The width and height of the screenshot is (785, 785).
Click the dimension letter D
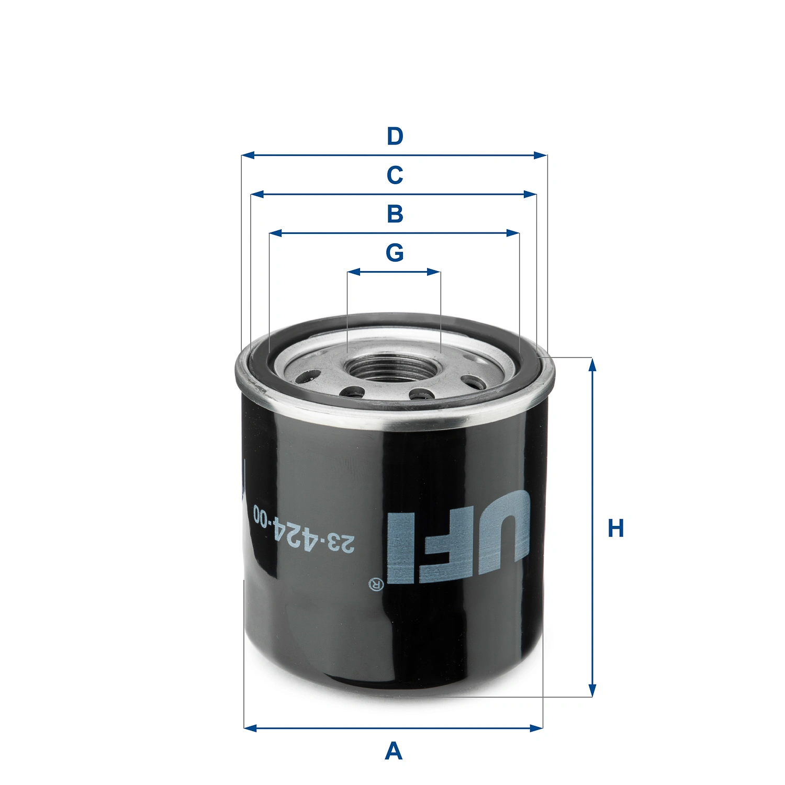pyautogui.click(x=395, y=137)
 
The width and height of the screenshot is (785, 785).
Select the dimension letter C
pyautogui.click(x=395, y=175)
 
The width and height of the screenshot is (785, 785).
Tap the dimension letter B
pyautogui.click(x=395, y=214)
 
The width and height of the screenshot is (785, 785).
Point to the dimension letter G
pyautogui.click(x=395, y=253)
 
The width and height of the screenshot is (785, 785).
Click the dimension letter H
pyautogui.click(x=615, y=529)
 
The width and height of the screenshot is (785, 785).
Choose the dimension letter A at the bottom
pyautogui.click(x=394, y=752)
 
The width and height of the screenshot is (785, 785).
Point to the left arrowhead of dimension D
pyautogui.click(x=248, y=155)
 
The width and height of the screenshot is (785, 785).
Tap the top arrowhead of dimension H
pyautogui.click(x=592, y=364)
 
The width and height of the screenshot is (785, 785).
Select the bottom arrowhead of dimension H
pyautogui.click(x=592, y=691)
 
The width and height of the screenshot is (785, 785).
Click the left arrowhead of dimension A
pyautogui.click(x=250, y=728)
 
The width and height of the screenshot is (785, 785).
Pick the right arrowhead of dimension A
pyautogui.click(x=537, y=728)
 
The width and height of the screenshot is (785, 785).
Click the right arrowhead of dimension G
pyautogui.click(x=434, y=272)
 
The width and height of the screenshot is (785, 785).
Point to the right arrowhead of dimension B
pyautogui.click(x=513, y=233)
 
